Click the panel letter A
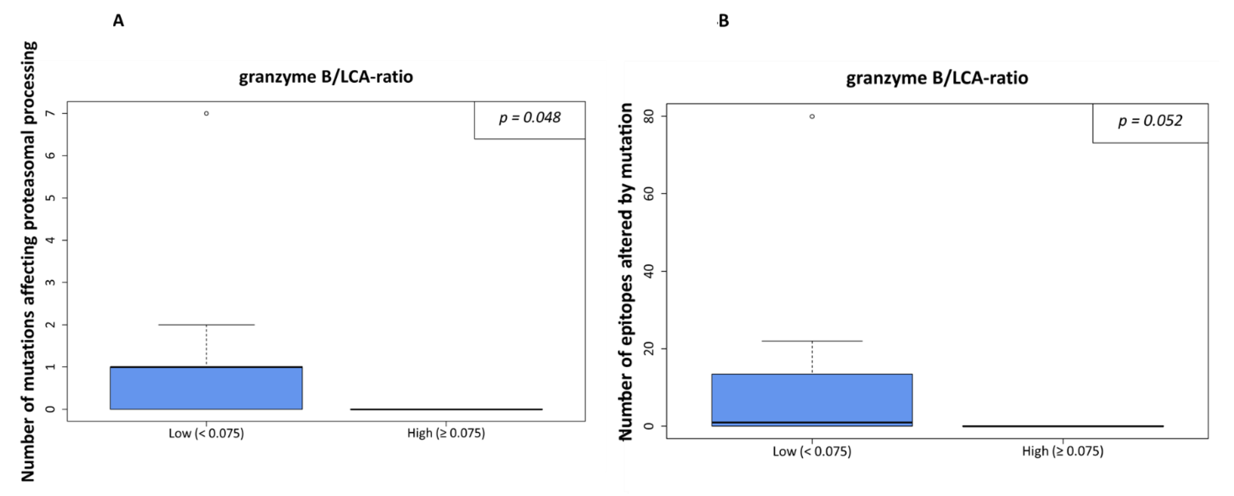[x=118, y=21]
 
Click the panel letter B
[x=724, y=21]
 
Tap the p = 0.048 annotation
[x=530, y=118]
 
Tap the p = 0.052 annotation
[x=1150, y=121]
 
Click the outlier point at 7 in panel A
[x=206, y=114]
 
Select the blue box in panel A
[x=206, y=388]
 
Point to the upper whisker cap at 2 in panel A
[x=206, y=325]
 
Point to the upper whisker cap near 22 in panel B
[x=812, y=341]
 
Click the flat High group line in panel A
[x=446, y=409]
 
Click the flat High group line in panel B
[x=1062, y=426]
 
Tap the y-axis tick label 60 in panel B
[x=650, y=194]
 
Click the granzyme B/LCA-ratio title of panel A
[x=326, y=77]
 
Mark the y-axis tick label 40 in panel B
[x=650, y=272]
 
